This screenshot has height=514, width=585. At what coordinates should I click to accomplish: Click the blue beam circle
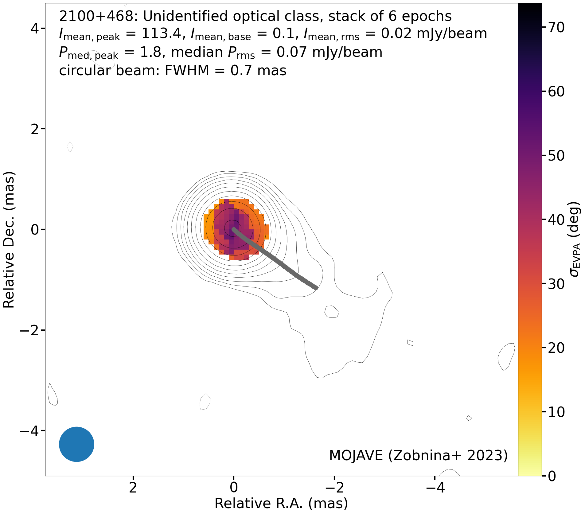pyautogui.click(x=76, y=444)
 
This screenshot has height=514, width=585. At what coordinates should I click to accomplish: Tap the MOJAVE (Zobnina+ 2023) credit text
pyautogui.click(x=418, y=455)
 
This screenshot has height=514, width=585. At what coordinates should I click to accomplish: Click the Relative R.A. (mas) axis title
pyautogui.click(x=281, y=504)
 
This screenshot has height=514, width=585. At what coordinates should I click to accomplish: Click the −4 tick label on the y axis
pyautogui.click(x=29, y=431)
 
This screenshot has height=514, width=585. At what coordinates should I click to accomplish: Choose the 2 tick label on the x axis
pyautogui.click(x=133, y=487)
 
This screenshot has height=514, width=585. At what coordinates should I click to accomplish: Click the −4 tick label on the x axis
pyautogui.click(x=435, y=487)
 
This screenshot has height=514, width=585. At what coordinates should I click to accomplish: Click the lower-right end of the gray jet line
pyautogui.click(x=316, y=288)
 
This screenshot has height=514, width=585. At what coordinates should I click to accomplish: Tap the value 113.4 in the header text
pyautogui.click(x=162, y=33)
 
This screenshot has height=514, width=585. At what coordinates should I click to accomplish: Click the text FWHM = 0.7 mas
pyautogui.click(x=226, y=71)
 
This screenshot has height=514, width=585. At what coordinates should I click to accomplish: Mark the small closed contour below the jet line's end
pyautogui.click(x=332, y=312)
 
